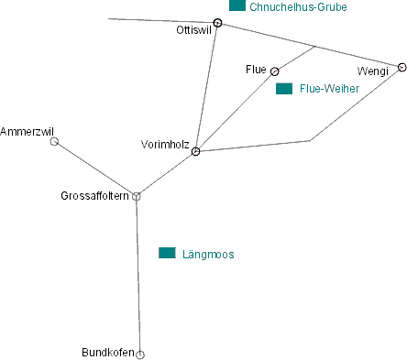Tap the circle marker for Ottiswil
click(217, 23)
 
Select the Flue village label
click(256, 70)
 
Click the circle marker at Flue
click(274, 71)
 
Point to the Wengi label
click(372, 71)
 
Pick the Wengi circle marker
click(401, 67)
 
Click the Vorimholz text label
click(165, 144)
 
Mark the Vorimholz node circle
click(196, 151)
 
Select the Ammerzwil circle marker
click(54, 142)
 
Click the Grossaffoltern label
click(93, 196)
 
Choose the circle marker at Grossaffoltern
click(137, 196)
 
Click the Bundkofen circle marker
click(140, 354)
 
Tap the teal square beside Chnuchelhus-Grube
click(237, 5)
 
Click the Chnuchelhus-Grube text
click(298, 6)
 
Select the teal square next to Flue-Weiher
click(284, 89)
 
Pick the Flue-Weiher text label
click(329, 89)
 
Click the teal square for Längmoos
click(167, 253)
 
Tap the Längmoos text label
click(209, 254)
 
